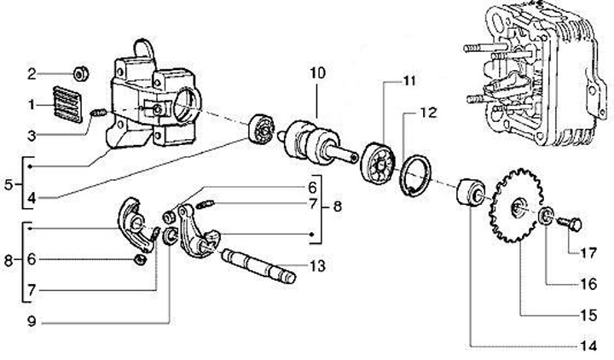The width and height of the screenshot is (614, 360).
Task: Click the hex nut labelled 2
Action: tap(82, 73)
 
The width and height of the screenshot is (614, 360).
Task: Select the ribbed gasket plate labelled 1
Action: tap(67, 104)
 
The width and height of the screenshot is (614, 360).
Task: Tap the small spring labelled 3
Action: tap(99, 113)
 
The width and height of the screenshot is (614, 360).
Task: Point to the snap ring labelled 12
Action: tap(417, 176)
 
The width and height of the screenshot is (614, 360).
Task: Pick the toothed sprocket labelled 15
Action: tap(516, 206)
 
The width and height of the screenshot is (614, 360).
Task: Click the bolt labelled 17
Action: tap(570, 224)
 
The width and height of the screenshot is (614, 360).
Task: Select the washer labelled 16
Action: tap(546, 216)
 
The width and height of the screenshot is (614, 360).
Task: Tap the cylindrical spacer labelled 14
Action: tap(470, 192)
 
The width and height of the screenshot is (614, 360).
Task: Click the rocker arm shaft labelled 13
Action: tap(258, 266)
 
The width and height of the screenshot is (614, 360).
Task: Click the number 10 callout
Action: tap(317, 73)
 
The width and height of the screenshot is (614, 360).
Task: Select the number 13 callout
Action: tap(317, 266)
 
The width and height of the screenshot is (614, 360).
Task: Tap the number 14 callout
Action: tap(588, 345)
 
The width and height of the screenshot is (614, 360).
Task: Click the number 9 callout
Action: tap(32, 322)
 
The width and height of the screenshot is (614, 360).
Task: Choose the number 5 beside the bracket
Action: tap(9, 184)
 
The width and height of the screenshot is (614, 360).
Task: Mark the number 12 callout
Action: tap(429, 113)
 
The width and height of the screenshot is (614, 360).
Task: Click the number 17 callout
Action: tap(588, 253)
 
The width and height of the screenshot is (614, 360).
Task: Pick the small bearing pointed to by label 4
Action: tap(262, 130)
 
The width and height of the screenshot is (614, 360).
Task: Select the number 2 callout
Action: tap(32, 73)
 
